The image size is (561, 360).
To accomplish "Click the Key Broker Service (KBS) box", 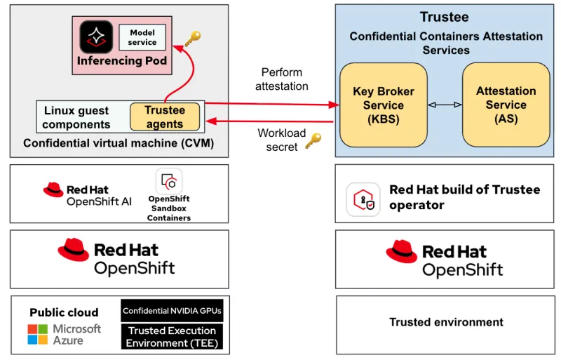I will (x=383, y=105).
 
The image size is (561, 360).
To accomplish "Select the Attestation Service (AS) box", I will (x=506, y=105).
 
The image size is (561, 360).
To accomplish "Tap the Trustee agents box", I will (x=165, y=117).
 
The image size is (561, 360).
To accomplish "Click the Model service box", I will (x=142, y=37).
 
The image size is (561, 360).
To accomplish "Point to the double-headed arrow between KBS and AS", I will (x=445, y=105).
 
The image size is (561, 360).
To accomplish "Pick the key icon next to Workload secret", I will (x=313, y=140).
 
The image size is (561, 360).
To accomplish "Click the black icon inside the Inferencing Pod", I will (x=96, y=37).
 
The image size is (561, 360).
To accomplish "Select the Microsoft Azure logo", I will (x=64, y=335).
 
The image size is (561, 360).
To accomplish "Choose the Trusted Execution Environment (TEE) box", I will (x=172, y=337).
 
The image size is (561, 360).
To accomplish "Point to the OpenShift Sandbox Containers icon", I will (x=169, y=182).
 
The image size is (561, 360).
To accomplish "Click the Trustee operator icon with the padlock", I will (x=363, y=199).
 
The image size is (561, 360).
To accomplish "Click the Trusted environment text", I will (x=446, y=323).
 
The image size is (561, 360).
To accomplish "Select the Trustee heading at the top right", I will (x=445, y=17).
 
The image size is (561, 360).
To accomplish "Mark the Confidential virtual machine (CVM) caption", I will (x=119, y=144).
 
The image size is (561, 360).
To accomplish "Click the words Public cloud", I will (x=64, y=312).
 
